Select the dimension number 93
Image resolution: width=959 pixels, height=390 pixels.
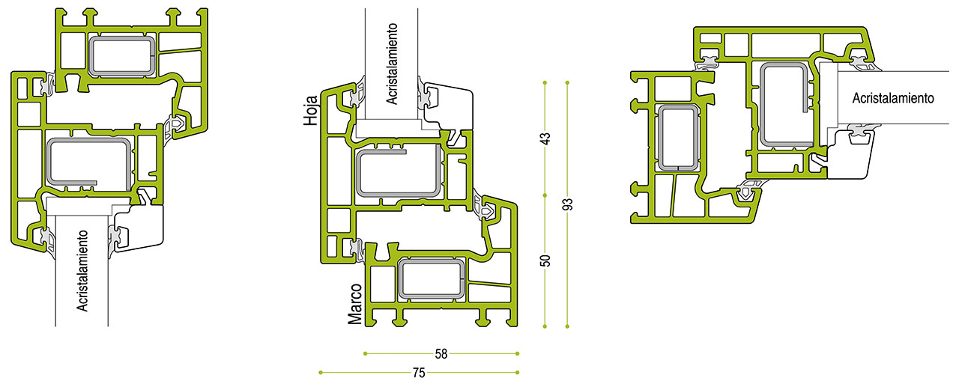[x=567, y=204]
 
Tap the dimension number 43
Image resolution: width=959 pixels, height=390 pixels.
[x=545, y=138]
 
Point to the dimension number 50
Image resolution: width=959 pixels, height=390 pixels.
[x=545, y=260]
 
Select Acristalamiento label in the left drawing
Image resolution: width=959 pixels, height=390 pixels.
[x=84, y=270]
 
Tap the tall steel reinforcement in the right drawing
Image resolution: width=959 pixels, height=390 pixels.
[x=786, y=105]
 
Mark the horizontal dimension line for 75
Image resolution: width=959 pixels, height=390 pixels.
[x=360, y=372]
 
